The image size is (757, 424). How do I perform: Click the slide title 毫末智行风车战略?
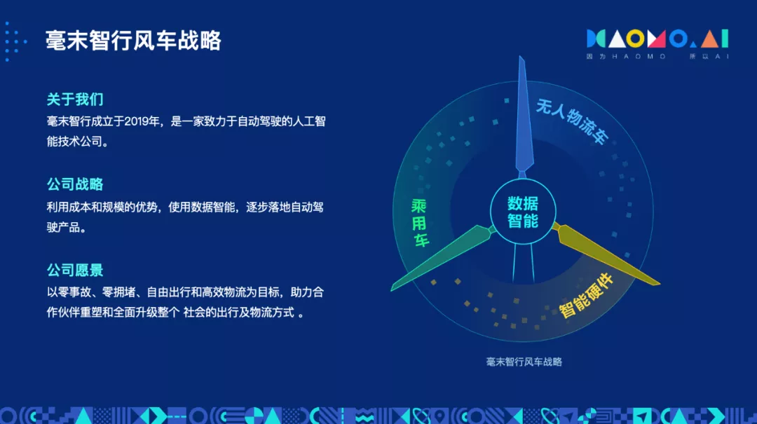(133, 41)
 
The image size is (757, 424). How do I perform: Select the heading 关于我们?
(75, 100)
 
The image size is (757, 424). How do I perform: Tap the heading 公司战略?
(75, 184)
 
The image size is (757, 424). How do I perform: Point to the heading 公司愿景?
(75, 270)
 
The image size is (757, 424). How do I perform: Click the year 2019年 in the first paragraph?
(142, 121)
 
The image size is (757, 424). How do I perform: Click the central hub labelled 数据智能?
(523, 212)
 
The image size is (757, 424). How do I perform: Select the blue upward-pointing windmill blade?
(523, 116)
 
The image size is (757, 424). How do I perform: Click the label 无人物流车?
(572, 121)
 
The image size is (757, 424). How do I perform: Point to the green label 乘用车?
(420, 223)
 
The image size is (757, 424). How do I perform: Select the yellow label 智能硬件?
(586, 296)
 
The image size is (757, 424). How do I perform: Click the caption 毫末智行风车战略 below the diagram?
(524, 362)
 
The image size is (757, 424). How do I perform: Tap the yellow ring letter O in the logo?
(635, 39)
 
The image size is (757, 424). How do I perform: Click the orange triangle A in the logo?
(709, 39)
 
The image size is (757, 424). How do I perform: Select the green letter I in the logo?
(725, 39)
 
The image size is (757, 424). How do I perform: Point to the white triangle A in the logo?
(617, 39)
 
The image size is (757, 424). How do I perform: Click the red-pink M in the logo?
(656, 39)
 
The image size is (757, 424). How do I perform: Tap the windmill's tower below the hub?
(524, 263)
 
